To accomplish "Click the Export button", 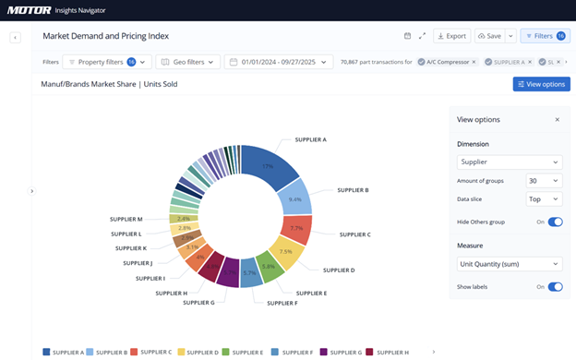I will click(x=451, y=36).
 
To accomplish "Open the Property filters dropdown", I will click(x=106, y=62).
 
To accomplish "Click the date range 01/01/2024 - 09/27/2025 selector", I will click(x=279, y=62).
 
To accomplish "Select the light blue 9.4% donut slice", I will click(x=296, y=198).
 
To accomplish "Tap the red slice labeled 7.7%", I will click(x=296, y=228).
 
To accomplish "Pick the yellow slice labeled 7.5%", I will click(x=285, y=252).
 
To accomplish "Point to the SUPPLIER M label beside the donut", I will click(x=126, y=220).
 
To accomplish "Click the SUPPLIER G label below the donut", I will click(x=198, y=302).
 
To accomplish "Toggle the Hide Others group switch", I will click(x=555, y=222).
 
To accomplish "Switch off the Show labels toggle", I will click(x=555, y=286).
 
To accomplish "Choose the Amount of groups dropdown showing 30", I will click(x=543, y=181).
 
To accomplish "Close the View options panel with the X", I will click(x=557, y=120).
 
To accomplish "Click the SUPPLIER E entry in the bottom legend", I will click(x=246, y=352).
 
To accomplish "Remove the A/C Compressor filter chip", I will click(x=474, y=62).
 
